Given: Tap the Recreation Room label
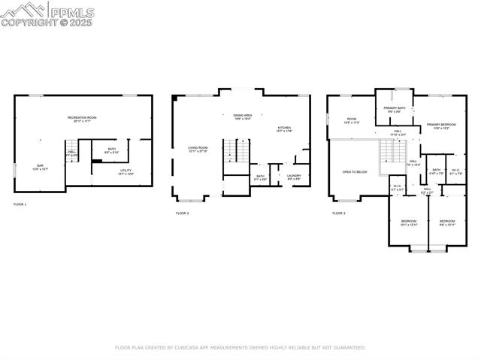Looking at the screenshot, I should [x=83, y=119].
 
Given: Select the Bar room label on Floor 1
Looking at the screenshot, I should [x=40, y=167].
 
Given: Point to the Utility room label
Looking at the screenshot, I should [x=126, y=172].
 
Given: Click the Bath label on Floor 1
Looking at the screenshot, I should [x=111, y=150].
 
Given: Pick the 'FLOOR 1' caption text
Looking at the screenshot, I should [x=20, y=204].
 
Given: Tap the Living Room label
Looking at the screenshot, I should [x=198, y=149].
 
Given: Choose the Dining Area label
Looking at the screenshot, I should [x=242, y=116].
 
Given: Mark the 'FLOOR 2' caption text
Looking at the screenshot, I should [x=183, y=213].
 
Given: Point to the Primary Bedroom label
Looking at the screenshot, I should [x=441, y=126].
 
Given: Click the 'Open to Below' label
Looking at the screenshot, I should [x=355, y=172].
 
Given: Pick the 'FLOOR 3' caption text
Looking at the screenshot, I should [x=339, y=213].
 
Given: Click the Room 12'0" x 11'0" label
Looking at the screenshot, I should [x=351, y=120].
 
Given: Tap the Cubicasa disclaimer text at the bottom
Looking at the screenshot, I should [x=240, y=348].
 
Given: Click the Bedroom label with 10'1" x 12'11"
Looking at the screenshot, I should [x=407, y=222].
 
